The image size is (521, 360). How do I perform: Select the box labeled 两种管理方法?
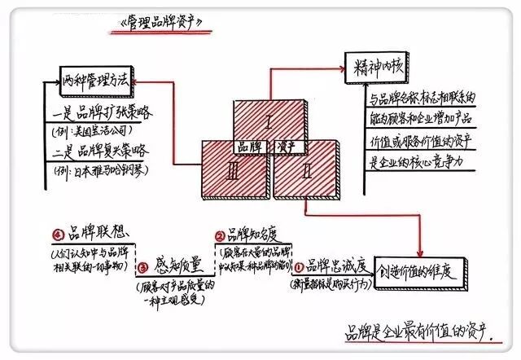point(96,81)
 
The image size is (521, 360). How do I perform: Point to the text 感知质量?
point(176,266)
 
